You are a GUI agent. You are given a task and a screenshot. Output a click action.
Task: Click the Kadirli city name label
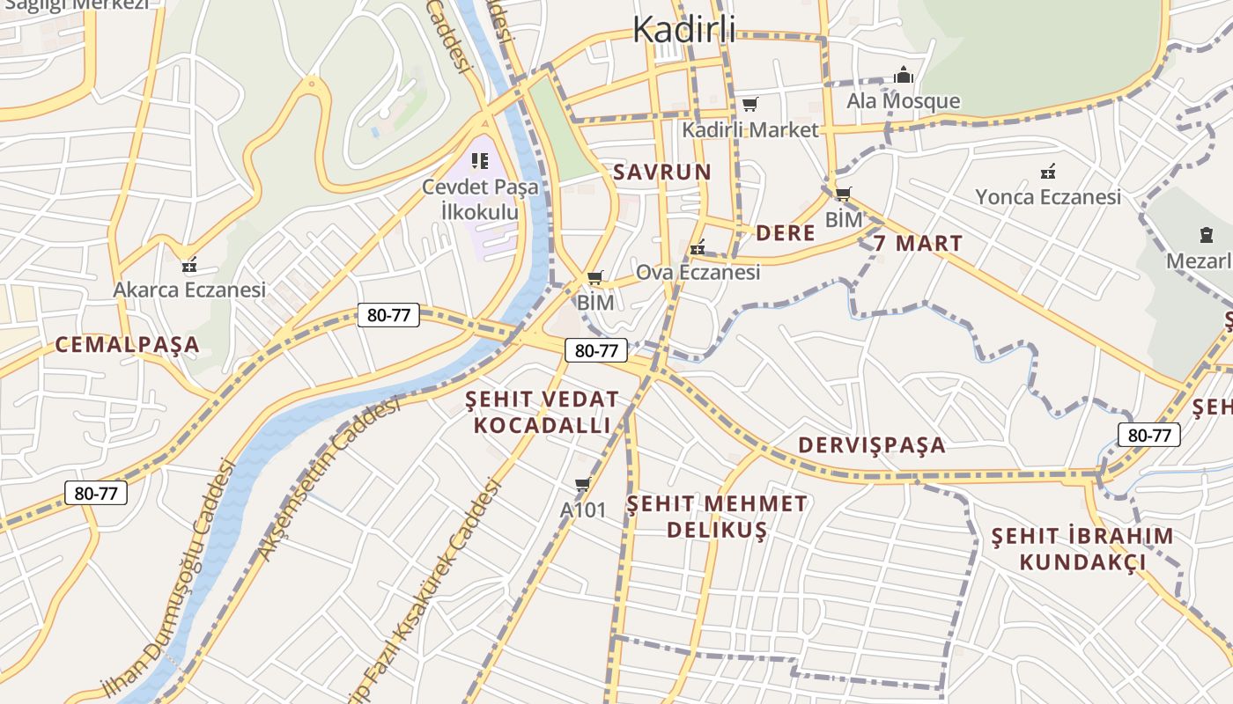684,30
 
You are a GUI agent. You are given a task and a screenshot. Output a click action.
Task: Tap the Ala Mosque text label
903,101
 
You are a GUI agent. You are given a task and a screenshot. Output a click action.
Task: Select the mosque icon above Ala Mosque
903,77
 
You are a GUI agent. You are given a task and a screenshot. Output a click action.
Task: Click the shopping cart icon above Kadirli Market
749,105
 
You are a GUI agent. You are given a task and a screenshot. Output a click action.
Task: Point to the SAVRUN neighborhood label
661,172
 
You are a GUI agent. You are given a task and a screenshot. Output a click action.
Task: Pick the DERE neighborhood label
786,233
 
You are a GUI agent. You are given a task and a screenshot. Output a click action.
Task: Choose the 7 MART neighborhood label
919,243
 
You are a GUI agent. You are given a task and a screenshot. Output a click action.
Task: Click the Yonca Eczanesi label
1047,197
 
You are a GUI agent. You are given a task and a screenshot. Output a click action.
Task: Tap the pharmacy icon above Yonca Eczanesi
1047,172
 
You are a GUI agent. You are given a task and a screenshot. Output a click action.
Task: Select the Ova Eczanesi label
698,273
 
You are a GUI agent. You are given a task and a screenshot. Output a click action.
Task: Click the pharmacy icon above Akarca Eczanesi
188,265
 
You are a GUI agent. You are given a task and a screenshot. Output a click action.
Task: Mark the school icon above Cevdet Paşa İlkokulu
480,160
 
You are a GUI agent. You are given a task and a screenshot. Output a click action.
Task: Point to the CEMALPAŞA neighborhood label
128,345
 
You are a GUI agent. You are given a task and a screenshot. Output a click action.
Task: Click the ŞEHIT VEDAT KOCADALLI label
542,413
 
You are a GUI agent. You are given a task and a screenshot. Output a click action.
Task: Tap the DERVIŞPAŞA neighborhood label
872,445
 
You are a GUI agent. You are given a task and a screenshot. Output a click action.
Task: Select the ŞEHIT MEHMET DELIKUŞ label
716,517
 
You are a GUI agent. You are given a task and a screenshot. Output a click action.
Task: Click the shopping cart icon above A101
582,485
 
